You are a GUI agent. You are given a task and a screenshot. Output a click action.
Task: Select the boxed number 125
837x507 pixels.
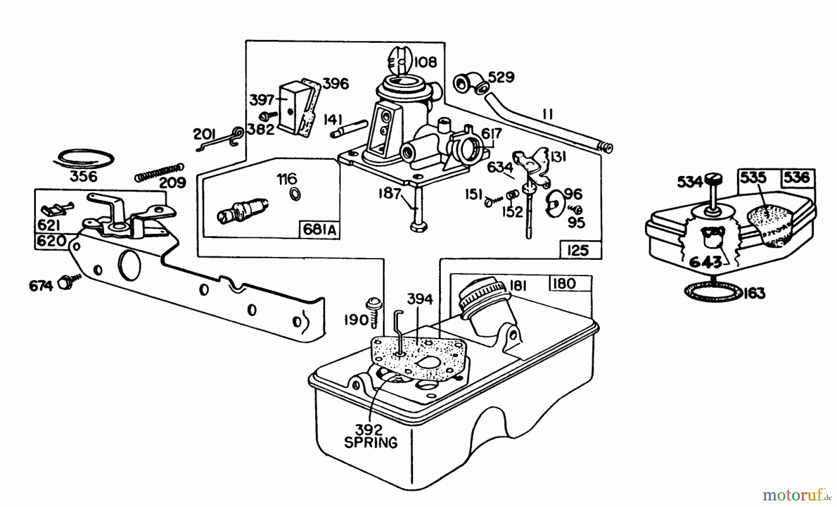point(578,250)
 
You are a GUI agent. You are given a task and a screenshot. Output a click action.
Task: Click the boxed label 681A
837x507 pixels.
point(320,230)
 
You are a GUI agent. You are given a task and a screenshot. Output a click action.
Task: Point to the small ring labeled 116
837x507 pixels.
point(294,194)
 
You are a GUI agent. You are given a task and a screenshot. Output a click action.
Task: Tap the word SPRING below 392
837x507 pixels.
point(371,442)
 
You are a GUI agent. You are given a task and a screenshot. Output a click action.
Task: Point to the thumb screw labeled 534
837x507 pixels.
point(713,180)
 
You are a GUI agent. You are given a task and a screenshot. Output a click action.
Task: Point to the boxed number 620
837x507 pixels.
point(51,241)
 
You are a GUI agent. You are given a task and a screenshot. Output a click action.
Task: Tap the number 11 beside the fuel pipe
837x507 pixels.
point(548,115)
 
